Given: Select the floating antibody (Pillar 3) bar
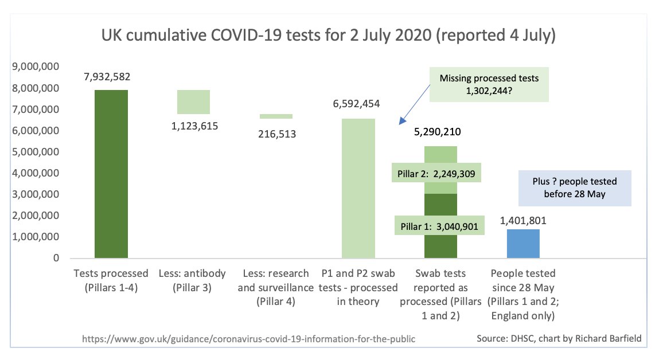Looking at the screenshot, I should [x=193, y=102].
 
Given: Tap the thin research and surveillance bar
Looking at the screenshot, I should [x=276, y=116].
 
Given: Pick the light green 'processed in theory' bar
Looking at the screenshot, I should [x=358, y=189].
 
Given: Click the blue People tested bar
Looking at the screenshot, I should [x=523, y=244].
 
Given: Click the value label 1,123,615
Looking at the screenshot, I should [x=193, y=125].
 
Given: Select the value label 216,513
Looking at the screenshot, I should [x=277, y=134].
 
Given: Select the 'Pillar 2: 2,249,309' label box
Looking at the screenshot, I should [x=436, y=174].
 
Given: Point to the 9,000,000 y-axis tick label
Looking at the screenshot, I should [x=36, y=67].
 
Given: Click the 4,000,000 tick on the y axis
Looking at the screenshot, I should [x=36, y=173].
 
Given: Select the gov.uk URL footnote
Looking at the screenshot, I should [x=248, y=339].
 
